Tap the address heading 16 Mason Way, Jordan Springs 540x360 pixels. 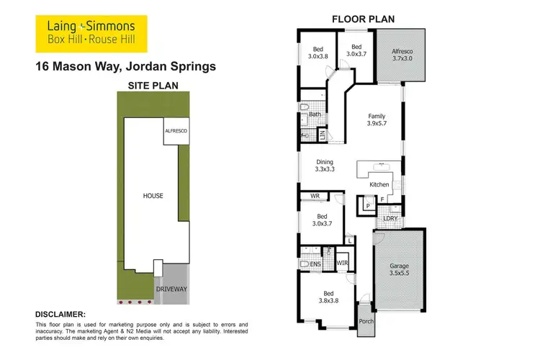tap(125, 68)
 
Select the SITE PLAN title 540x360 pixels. tap(153, 85)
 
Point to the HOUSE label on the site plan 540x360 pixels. tap(152, 195)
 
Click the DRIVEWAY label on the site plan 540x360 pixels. tap(171, 289)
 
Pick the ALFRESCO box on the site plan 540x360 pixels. tap(176, 131)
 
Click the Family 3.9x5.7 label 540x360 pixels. tap(377, 120)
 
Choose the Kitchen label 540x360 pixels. tap(379, 185)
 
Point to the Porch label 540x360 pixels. tap(366, 321)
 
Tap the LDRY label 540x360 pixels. tap(390, 218)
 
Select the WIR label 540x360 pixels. tap(343, 264)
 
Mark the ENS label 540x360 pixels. tap(315, 265)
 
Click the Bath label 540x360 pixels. tap(315, 114)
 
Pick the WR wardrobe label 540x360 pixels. tap(315, 196)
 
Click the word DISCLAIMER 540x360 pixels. tap(60, 314)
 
